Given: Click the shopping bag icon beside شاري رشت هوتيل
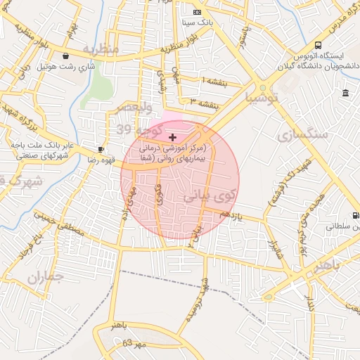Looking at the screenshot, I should (65, 56).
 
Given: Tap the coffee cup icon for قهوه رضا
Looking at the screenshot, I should (101, 149).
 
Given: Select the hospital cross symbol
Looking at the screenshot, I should (173, 137).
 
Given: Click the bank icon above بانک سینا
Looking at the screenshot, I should (197, 12).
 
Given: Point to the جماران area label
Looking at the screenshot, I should (46, 276).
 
